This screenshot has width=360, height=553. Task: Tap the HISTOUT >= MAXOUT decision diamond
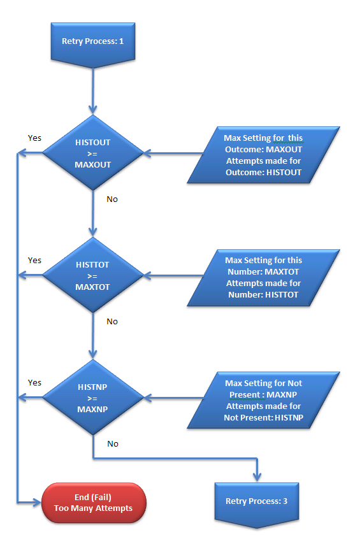click(93, 153)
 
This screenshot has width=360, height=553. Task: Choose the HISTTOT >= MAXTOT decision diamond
click(93, 275)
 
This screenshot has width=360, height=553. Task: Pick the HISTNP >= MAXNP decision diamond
click(93, 398)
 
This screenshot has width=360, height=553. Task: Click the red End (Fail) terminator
click(94, 503)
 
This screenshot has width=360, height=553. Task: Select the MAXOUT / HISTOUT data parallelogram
click(263, 155)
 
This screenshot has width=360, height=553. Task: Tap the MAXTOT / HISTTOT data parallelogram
click(263, 278)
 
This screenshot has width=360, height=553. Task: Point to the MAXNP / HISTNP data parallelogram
click(263, 400)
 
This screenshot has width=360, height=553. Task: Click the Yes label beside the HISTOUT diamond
click(34, 138)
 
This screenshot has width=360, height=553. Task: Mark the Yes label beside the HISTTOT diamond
click(34, 261)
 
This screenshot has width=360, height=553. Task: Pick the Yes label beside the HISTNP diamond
click(34, 383)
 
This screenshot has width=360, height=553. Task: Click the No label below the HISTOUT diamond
click(112, 199)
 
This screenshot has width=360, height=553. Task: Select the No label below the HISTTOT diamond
click(112, 322)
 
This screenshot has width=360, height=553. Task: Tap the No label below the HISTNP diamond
click(113, 443)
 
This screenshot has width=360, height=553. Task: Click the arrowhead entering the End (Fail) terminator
click(38, 503)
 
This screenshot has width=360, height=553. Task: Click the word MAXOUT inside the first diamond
click(93, 165)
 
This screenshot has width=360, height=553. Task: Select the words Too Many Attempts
click(94, 508)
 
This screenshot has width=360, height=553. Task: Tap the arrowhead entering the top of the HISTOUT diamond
click(93, 110)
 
